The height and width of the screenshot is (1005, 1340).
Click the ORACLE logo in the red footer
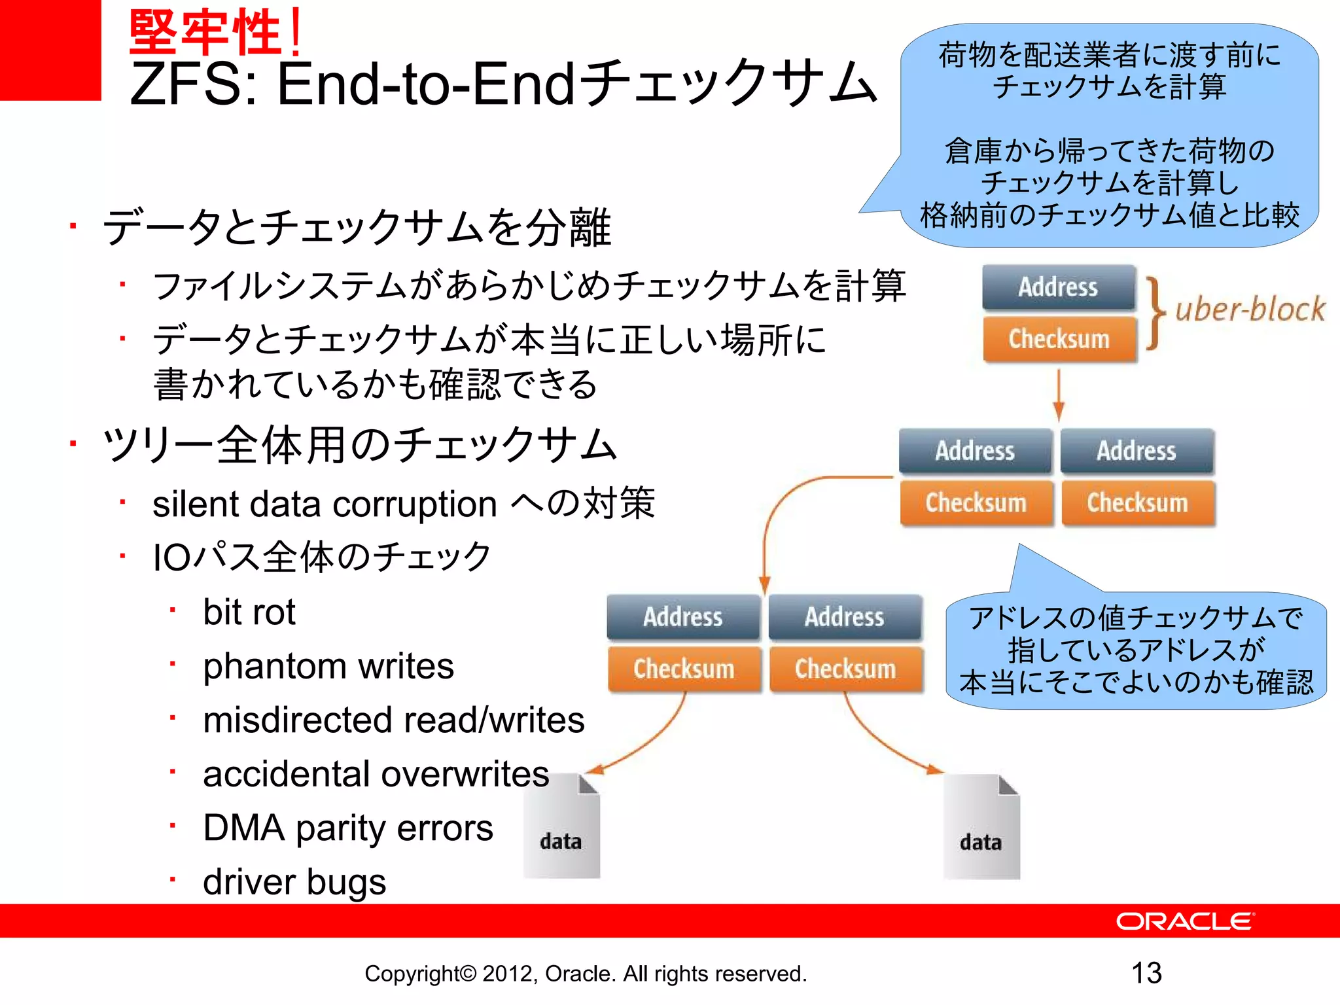tap(1184, 921)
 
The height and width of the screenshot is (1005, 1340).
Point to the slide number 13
tap(1146, 973)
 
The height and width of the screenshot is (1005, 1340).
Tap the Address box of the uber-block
tap(1058, 287)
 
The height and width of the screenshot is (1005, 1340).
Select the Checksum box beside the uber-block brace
tap(1059, 339)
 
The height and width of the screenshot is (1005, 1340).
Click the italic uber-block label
tap(1250, 309)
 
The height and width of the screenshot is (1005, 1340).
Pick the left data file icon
tap(561, 826)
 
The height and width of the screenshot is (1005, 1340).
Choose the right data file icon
tap(981, 827)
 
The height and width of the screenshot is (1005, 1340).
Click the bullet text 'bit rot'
tap(249, 612)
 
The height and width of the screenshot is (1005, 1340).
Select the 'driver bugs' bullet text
tap(294, 882)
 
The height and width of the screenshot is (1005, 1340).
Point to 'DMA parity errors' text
tap(348, 828)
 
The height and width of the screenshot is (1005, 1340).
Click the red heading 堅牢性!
tap(216, 33)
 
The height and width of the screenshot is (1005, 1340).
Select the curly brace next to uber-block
tap(1155, 313)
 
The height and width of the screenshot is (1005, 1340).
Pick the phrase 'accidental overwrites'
tap(376, 774)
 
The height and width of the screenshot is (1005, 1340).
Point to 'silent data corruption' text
tap(325, 504)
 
